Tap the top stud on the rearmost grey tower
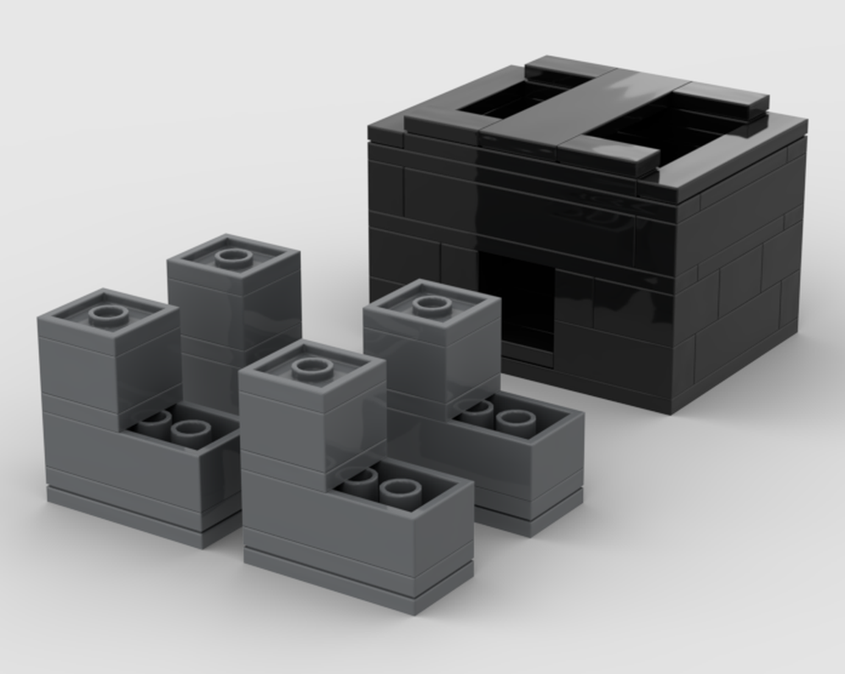coord(233,257)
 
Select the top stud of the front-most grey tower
coord(312,368)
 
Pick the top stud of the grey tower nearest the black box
coord(431,304)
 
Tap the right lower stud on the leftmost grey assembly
coord(190,431)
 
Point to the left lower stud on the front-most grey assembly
coord(361,479)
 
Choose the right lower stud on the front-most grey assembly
coord(401,490)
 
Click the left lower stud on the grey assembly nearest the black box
coord(477,410)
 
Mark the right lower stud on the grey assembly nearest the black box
coord(515,420)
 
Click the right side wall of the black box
coord(744,271)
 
